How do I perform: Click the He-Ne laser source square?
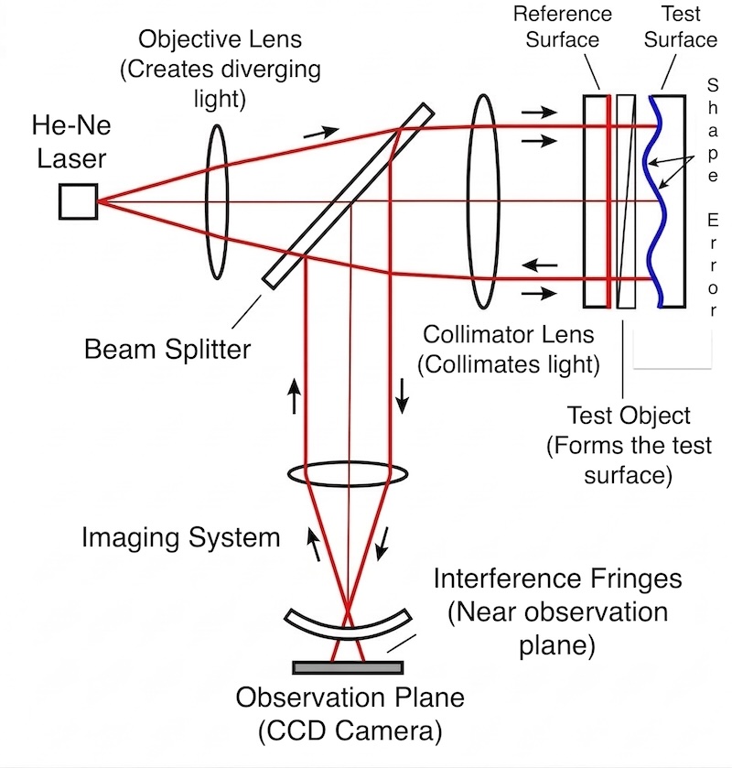78,201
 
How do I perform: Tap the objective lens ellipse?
216,201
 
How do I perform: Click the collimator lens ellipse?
482,201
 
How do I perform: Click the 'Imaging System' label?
180,536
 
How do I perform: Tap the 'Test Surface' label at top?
681,27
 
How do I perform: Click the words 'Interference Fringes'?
557,579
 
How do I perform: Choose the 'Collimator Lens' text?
509,335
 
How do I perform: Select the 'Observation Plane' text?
350,698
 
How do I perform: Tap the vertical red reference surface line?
608,201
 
